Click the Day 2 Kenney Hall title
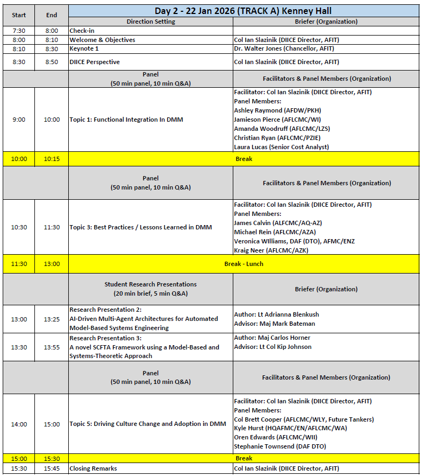(x=243, y=11)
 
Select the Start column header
(x=18, y=15)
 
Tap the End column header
(x=52, y=15)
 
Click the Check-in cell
(x=82, y=31)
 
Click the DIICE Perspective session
(x=95, y=62)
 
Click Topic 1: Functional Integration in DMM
(x=126, y=120)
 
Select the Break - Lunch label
(x=244, y=264)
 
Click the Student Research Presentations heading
(x=151, y=284)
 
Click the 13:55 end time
(x=52, y=347)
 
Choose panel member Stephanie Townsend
(x=280, y=446)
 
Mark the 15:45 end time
(x=52, y=468)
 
